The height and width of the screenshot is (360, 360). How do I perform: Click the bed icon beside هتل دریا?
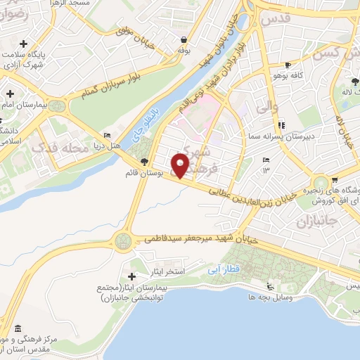107,136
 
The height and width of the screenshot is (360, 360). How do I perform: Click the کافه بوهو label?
288,75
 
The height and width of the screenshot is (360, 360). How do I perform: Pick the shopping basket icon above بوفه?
184,40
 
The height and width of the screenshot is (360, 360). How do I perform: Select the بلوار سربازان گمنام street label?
102,79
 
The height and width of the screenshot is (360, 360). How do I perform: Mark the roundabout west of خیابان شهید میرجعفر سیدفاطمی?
124,240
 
